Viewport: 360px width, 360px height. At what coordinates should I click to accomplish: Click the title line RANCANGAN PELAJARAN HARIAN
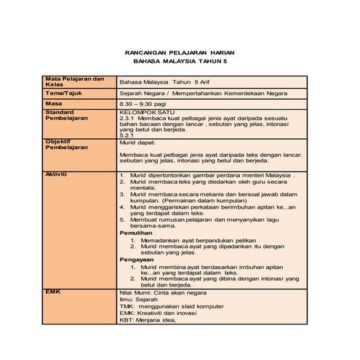pyautogui.click(x=180, y=55)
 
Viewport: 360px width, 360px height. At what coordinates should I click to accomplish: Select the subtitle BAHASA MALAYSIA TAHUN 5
pyautogui.click(x=180, y=63)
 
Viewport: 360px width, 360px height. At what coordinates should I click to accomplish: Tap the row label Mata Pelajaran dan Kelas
pyautogui.click(x=75, y=81)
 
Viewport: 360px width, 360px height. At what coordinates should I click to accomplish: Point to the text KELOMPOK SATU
pyautogui.click(x=145, y=113)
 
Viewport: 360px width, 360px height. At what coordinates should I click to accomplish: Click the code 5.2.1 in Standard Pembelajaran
pyautogui.click(x=127, y=135)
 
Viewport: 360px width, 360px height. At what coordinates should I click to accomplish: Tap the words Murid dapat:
pyautogui.click(x=137, y=143)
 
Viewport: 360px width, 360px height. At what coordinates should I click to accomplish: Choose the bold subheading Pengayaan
pyautogui.click(x=137, y=259)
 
